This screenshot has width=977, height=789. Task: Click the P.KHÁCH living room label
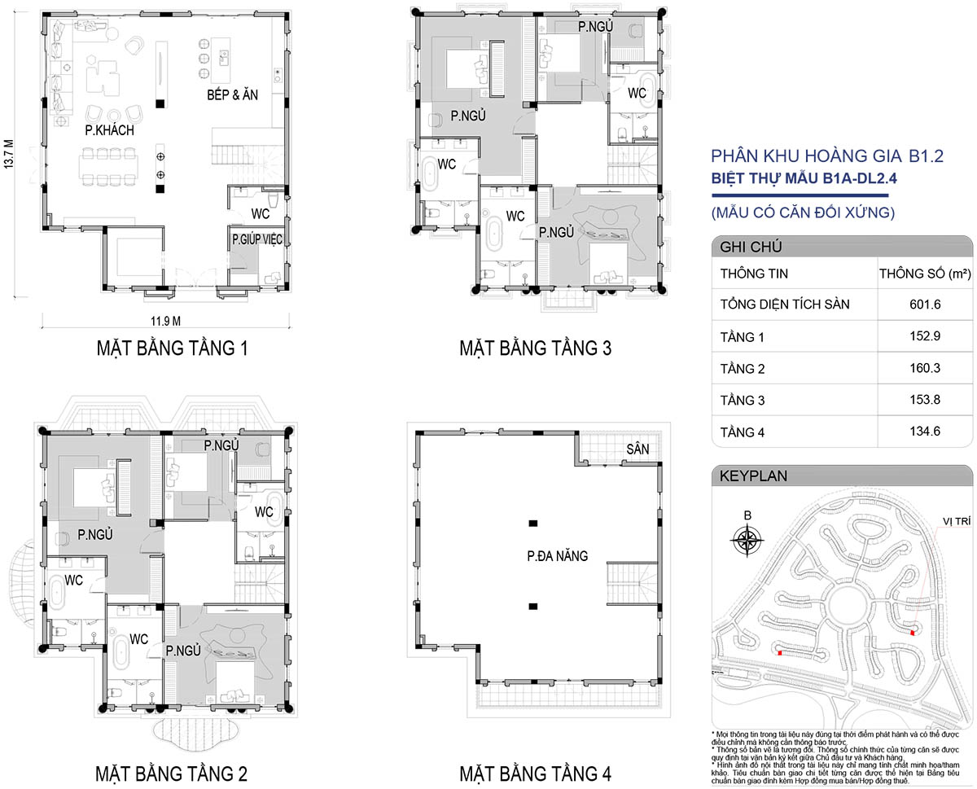(x=110, y=130)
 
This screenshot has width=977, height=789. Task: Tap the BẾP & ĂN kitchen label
(x=232, y=95)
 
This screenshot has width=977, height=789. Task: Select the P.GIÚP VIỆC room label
(x=256, y=239)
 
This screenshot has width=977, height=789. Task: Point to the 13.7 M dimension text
(x=9, y=154)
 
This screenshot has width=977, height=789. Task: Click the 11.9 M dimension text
(x=165, y=321)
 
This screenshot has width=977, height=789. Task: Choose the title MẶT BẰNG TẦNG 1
(x=172, y=348)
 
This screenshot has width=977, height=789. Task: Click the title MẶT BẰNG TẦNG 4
(x=535, y=774)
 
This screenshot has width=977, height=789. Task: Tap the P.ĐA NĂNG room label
(x=558, y=556)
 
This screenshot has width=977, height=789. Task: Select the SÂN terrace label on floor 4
(x=637, y=449)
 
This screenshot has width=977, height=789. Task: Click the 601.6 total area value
(x=925, y=305)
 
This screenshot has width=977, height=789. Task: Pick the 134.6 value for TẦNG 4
(x=925, y=432)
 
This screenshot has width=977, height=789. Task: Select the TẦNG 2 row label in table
(x=743, y=369)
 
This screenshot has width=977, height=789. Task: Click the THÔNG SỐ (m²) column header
(x=925, y=274)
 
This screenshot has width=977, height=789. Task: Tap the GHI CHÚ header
(x=751, y=247)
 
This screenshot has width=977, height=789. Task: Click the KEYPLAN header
(x=753, y=476)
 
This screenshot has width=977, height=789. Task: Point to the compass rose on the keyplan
(x=747, y=541)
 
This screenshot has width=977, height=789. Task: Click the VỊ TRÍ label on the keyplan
(x=957, y=521)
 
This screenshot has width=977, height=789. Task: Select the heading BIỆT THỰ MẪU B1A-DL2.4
(x=804, y=178)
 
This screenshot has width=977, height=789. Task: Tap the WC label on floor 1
(x=260, y=214)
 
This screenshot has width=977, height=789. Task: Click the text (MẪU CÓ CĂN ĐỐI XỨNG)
(x=803, y=213)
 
